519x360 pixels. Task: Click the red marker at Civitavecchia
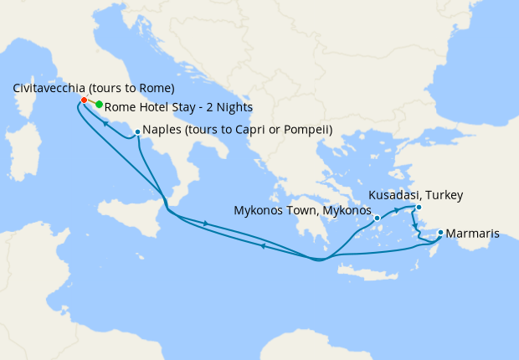(x=84, y=100)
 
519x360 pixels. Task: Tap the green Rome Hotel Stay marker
(x=99, y=105)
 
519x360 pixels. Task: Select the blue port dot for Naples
(x=137, y=131)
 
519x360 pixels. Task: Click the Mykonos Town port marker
(x=378, y=218)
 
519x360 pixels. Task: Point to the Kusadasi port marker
(x=419, y=207)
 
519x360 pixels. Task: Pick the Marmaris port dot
(x=440, y=232)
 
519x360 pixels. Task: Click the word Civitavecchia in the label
(x=49, y=89)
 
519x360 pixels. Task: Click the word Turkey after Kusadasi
(x=443, y=195)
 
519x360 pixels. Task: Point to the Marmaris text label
(x=473, y=234)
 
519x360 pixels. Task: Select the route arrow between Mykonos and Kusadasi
(x=396, y=209)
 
